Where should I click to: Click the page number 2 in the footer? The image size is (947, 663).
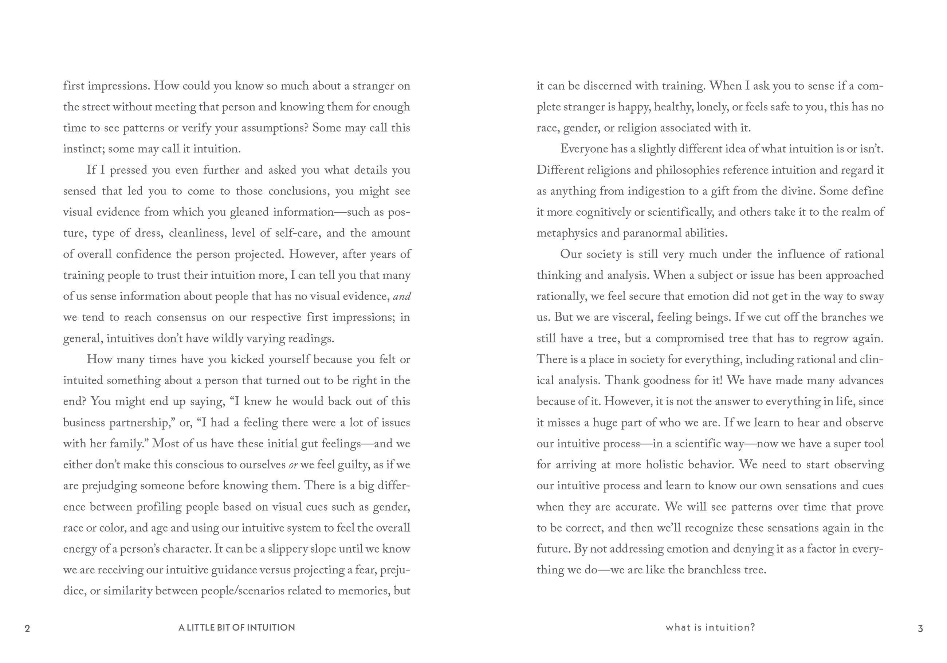pos(27,628)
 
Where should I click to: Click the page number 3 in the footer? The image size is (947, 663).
pos(920,628)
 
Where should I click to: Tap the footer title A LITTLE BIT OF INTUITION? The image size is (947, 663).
pos(237,628)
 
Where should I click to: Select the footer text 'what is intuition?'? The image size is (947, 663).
pos(710,628)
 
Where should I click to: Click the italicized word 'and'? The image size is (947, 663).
pos(402,296)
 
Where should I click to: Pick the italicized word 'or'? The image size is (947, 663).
pos(293,464)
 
